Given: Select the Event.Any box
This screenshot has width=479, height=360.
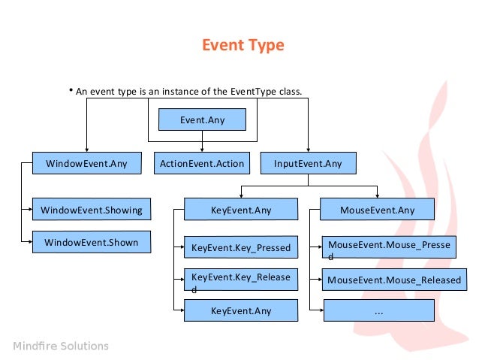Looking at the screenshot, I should click(202, 119).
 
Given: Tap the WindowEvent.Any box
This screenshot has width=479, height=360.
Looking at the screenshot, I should click(86, 163).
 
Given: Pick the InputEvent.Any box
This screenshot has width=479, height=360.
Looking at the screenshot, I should click(308, 163).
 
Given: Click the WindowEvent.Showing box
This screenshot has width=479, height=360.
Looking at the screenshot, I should click(91, 209).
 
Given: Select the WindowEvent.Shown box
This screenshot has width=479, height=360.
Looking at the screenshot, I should click(91, 242).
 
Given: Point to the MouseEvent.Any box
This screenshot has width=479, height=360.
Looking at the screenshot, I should click(377, 210).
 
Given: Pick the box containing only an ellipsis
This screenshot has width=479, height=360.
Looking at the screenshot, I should click(378, 310).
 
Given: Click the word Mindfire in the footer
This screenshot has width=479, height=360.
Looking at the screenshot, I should click(35, 346).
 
